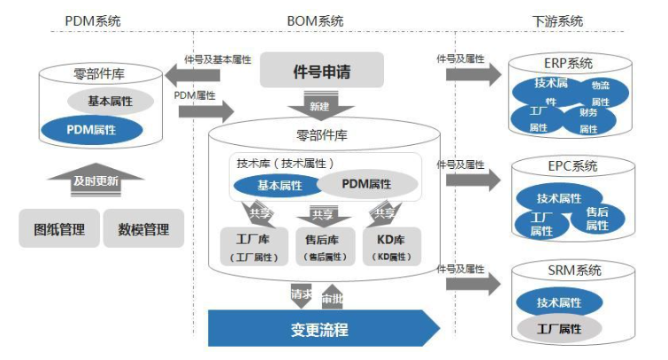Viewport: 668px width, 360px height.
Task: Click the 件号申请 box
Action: tap(321, 71)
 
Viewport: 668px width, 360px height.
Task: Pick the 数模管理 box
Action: tap(143, 229)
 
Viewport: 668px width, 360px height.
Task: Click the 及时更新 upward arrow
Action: tap(96, 180)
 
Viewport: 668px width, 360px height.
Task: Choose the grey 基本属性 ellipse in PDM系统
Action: tap(111, 102)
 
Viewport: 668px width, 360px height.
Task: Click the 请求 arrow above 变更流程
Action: tap(301, 295)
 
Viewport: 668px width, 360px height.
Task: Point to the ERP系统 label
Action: tap(569, 63)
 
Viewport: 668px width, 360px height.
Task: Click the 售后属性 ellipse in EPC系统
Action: tap(596, 218)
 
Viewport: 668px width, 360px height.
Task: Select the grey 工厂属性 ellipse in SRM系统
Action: tap(558, 328)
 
